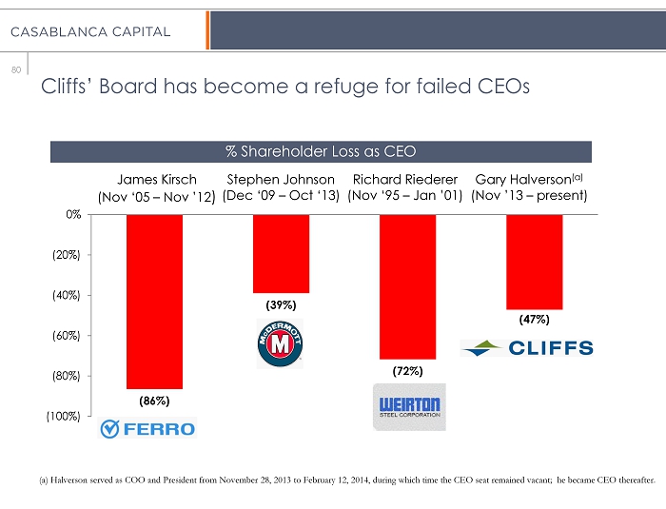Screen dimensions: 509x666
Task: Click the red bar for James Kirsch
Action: point(154,301)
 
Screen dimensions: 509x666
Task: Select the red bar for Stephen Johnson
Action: point(281,253)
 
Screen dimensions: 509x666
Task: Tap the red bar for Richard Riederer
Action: point(407,285)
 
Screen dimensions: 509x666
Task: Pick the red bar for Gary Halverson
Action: point(534,262)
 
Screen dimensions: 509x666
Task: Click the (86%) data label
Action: point(154,401)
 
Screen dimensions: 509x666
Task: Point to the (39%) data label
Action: point(281,305)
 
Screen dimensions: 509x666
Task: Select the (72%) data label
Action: point(407,369)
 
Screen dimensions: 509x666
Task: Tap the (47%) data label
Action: point(534,321)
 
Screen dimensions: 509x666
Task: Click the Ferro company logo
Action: point(147,429)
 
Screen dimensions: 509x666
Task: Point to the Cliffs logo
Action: point(527,347)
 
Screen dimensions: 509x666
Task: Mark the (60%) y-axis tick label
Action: point(67,336)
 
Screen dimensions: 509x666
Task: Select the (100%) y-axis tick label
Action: point(64,417)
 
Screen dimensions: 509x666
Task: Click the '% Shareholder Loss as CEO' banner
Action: point(321,151)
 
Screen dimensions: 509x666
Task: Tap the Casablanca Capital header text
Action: point(91,32)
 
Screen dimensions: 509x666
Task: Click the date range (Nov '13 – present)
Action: point(529,197)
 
